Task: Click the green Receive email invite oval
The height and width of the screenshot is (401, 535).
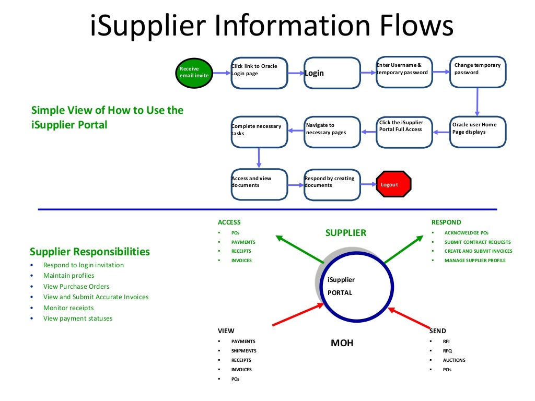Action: (x=194, y=72)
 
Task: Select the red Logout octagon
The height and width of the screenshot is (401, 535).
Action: (x=394, y=184)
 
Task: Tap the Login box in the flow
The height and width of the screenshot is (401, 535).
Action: (x=332, y=73)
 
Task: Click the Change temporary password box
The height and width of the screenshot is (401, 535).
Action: (x=478, y=72)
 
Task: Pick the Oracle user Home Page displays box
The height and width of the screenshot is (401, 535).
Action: (x=478, y=132)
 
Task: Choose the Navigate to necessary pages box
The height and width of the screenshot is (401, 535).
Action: (x=332, y=132)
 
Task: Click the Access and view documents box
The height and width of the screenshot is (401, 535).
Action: (x=259, y=184)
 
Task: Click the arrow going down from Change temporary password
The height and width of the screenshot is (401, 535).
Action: (x=477, y=101)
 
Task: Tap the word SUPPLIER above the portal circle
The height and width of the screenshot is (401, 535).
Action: (x=345, y=233)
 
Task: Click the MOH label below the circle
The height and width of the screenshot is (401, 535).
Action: (x=342, y=343)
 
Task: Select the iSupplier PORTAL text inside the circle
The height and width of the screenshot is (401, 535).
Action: (x=341, y=286)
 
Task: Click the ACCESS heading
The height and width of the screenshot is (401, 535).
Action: (x=229, y=222)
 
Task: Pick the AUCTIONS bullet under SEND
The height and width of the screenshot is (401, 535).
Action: (x=453, y=360)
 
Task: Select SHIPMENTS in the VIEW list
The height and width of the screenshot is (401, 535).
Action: (x=243, y=351)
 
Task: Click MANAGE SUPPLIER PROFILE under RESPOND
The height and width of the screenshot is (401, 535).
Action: (x=474, y=260)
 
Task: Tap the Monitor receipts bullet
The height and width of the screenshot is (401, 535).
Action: (x=68, y=308)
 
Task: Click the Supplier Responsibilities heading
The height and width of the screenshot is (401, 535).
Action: (x=90, y=252)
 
